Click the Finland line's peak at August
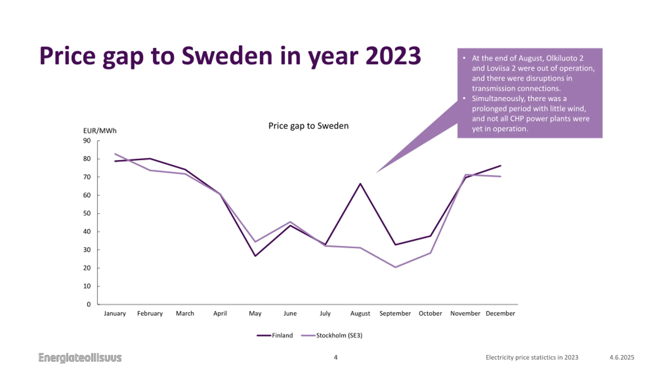[x=360, y=183]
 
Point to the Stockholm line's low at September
[x=395, y=267]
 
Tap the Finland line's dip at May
[x=255, y=256]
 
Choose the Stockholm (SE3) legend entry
[x=332, y=335]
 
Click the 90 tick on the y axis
[x=87, y=141]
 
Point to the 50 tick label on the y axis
[x=87, y=213]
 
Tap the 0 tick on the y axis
[x=89, y=304]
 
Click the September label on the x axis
[x=395, y=313]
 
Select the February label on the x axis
[x=150, y=313]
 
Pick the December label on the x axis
[x=500, y=313]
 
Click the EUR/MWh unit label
[x=100, y=131]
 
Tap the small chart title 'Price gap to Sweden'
[x=308, y=126]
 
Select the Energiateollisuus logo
[x=80, y=358]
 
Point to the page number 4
[x=335, y=357]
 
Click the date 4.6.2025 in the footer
[x=622, y=357]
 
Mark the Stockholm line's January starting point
[x=115, y=154]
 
